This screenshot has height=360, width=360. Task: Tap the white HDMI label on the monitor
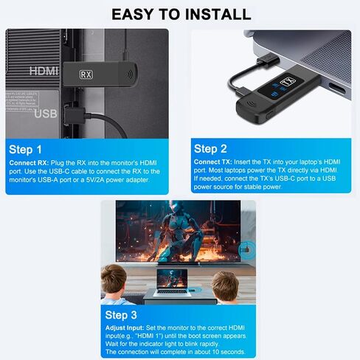pyautogui.click(x=44, y=71)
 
